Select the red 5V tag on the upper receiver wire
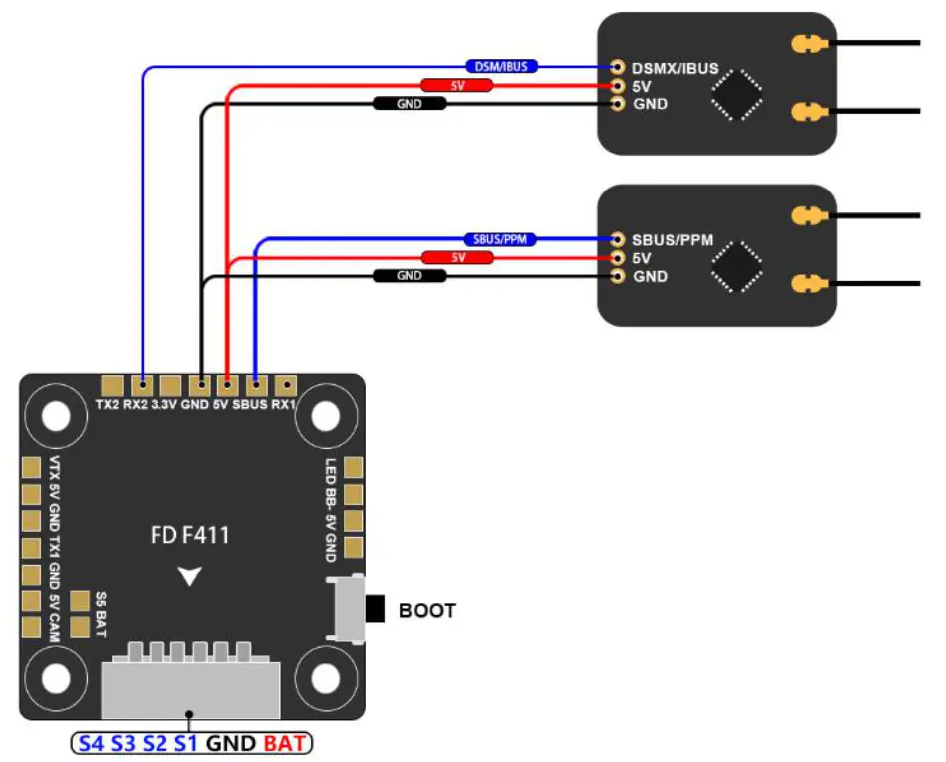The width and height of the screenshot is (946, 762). [457, 86]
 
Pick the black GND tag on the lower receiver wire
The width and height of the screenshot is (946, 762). [409, 276]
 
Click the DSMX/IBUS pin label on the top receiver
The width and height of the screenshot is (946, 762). [673, 68]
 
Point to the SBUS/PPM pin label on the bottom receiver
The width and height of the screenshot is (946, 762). [672, 240]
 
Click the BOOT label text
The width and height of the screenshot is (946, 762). [427, 610]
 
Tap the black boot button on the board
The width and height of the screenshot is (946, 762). [375, 608]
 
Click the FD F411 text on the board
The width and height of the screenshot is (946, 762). [190, 536]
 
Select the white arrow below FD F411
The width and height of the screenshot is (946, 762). [190, 575]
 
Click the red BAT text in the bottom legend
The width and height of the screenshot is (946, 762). [285, 743]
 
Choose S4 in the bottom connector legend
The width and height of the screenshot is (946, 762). [91, 743]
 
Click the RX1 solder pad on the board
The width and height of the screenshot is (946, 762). [286, 384]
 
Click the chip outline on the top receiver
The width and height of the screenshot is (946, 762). [736, 95]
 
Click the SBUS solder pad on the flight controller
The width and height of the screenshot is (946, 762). [257, 384]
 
